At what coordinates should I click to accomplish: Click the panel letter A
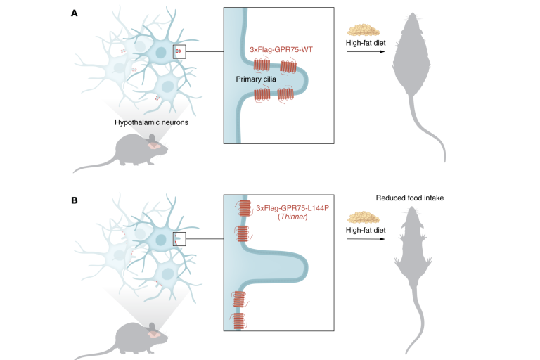(74, 13)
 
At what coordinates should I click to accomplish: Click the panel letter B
(74, 200)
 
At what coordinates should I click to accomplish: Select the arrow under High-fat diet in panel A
(366, 56)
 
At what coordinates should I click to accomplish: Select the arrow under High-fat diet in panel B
(366, 239)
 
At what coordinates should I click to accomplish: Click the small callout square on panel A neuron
(179, 51)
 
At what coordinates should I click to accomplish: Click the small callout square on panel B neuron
(179, 239)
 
